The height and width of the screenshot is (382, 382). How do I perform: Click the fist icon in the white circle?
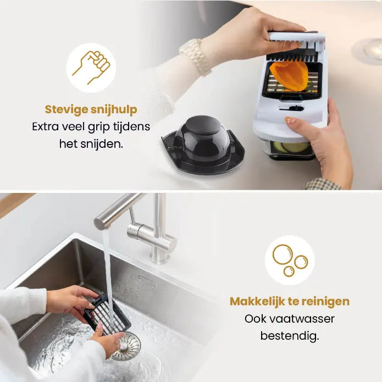tap(91, 68)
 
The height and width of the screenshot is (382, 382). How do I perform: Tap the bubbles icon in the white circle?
tap(290, 260)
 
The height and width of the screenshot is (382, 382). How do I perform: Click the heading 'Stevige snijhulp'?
tap(91, 109)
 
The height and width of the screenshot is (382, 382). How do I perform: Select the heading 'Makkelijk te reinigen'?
tap(290, 301)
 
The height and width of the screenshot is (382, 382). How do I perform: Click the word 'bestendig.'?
tap(290, 335)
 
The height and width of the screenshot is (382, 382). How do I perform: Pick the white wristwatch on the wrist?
tap(196, 56)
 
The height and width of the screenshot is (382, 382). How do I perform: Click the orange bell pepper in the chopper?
tap(289, 75)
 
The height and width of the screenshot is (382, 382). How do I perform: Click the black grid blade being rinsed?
tap(107, 315)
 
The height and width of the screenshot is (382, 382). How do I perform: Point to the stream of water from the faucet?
tap(107, 264)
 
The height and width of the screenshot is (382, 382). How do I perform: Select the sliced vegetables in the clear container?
tap(290, 147)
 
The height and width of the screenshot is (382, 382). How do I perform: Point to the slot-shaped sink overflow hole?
tap(146, 280)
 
